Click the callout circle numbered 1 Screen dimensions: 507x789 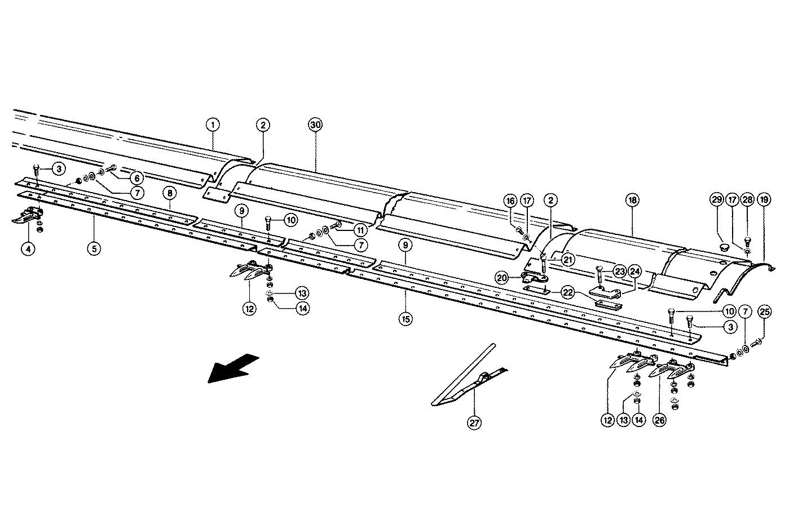(212, 124)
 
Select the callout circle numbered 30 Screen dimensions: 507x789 (315, 124)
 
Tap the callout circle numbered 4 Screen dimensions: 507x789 (29, 248)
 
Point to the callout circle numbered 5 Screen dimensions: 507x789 (94, 248)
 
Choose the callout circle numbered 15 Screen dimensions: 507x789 (405, 319)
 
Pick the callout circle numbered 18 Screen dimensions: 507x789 (632, 201)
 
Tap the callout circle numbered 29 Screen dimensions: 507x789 (716, 201)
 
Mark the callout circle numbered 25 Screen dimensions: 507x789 (765, 312)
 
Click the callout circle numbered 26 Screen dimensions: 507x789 (659, 420)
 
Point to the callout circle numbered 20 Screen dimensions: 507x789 (502, 278)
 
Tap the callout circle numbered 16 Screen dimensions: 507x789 (510, 201)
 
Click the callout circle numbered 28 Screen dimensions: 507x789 (748, 201)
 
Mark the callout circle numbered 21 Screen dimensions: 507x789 (567, 260)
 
